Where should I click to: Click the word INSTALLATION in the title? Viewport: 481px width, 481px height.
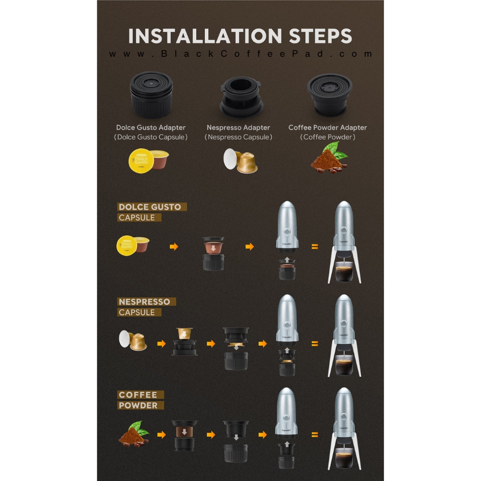tap(205, 36)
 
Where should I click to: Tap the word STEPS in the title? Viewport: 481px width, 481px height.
tap(320, 36)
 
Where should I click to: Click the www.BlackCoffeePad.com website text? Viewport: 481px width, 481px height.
tap(241, 54)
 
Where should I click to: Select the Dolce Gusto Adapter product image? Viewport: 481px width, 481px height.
tap(151, 95)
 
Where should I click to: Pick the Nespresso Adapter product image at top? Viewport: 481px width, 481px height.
tap(241, 97)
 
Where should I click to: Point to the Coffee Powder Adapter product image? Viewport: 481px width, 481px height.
tap(329, 95)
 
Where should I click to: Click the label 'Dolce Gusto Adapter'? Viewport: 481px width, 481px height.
tap(151, 127)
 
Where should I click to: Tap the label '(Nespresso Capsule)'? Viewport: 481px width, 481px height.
tap(239, 137)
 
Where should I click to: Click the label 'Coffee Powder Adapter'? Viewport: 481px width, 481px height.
tap(328, 127)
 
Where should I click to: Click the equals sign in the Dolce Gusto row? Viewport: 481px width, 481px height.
tap(315, 246)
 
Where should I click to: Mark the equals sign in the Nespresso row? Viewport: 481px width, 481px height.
tap(315, 344)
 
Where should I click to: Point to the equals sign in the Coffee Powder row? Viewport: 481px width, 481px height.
tap(315, 435)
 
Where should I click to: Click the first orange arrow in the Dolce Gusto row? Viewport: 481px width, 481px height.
tap(174, 246)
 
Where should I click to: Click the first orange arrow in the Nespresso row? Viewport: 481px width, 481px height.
tap(162, 343)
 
